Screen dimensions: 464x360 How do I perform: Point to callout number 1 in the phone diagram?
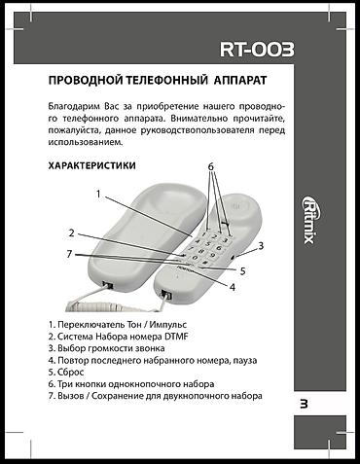tap(97, 192)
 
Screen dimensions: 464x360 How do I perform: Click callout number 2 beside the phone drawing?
tap(71, 232)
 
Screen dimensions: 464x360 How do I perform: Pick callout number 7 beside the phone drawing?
tap(69, 254)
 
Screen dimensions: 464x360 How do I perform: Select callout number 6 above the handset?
tap(209, 167)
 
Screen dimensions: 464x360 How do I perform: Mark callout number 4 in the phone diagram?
tap(233, 286)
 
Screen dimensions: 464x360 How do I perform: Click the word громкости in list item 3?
tap(120, 347)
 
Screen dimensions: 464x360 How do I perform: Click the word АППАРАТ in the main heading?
tap(234, 77)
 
